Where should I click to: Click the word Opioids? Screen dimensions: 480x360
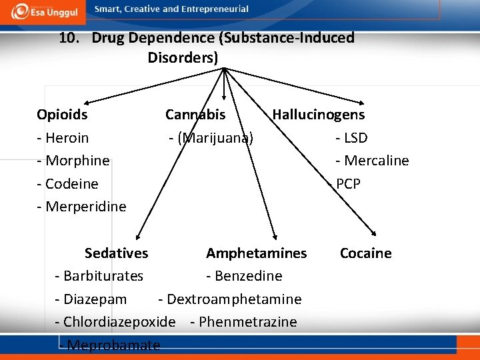click(x=62, y=115)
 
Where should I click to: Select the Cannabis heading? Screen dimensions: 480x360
click(x=195, y=115)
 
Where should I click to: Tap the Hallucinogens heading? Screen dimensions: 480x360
click(x=319, y=115)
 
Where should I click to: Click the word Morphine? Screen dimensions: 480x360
click(x=77, y=161)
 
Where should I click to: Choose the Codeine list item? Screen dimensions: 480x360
click(x=72, y=183)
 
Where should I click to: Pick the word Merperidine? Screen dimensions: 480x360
click(x=85, y=207)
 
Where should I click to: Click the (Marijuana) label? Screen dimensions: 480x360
click(x=215, y=138)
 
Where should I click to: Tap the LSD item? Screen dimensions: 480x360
click(x=355, y=138)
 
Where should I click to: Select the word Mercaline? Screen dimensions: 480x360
click(x=376, y=161)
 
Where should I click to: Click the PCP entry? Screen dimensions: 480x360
click(x=348, y=183)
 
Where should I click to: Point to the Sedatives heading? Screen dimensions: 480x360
click(x=117, y=253)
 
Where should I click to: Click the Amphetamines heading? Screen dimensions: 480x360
click(x=257, y=253)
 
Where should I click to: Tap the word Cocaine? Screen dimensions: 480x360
click(x=366, y=253)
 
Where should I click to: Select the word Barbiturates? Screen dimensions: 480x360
click(x=103, y=276)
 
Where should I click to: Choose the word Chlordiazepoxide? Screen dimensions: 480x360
click(x=119, y=322)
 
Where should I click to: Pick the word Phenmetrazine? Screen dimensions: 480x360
click(x=248, y=322)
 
